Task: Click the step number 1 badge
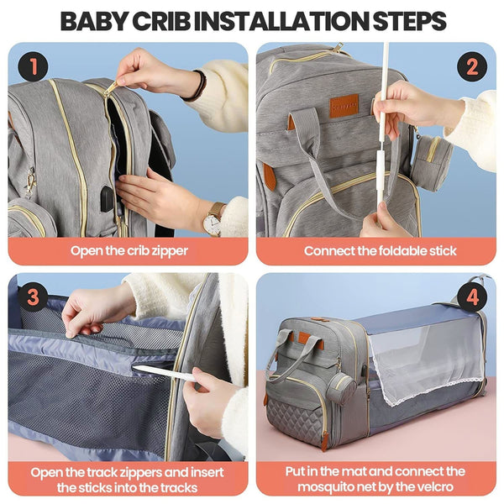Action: [x=31, y=65]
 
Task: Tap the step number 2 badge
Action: [x=472, y=65]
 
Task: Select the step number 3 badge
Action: [x=31, y=296]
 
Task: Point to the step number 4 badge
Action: [x=472, y=296]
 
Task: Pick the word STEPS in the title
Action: [x=407, y=20]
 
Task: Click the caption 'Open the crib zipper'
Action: [x=128, y=250]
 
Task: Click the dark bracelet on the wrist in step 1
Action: [x=199, y=87]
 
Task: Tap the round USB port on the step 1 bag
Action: [x=108, y=198]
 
